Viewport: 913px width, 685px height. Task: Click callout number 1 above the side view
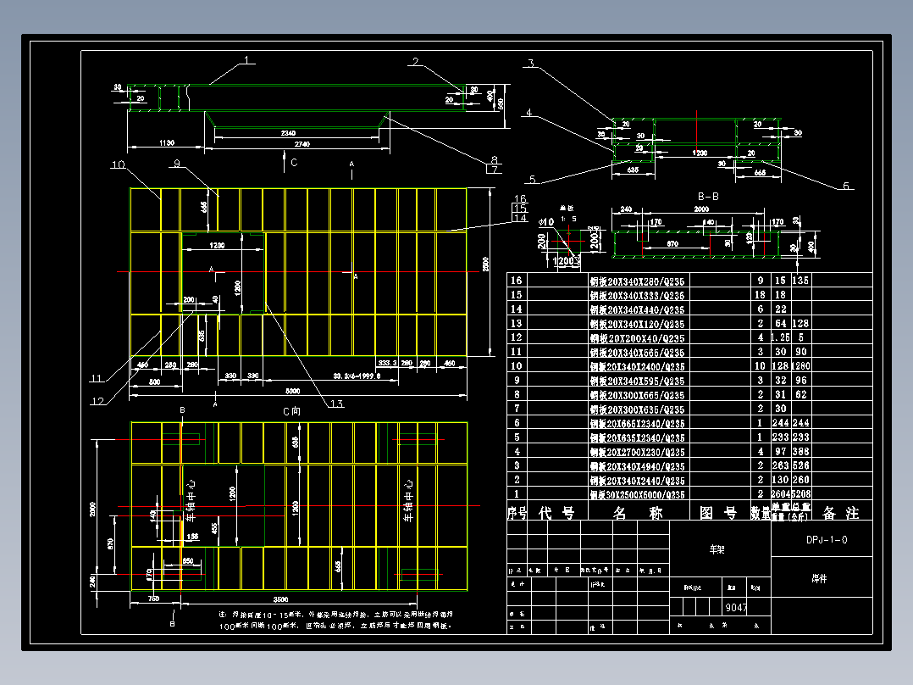point(247,60)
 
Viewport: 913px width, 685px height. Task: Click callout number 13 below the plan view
point(337,404)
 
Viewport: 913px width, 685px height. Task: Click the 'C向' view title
point(291,410)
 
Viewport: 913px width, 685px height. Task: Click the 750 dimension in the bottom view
point(153,599)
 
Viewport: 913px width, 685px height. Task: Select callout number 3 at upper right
point(530,64)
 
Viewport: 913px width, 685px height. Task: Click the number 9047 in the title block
point(736,607)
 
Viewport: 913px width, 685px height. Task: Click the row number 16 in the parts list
point(515,281)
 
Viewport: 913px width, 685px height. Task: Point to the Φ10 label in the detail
point(546,222)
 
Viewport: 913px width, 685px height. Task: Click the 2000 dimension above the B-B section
point(701,209)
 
